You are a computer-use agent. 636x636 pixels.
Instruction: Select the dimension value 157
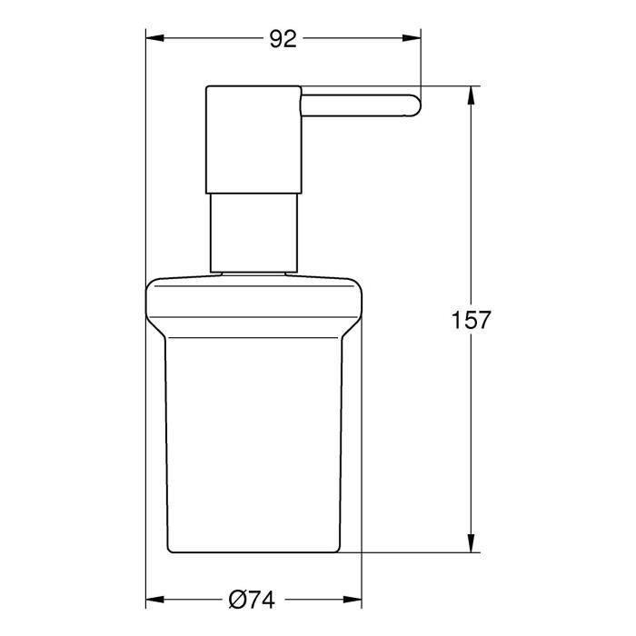471,320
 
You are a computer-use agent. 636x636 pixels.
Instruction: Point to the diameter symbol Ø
237,599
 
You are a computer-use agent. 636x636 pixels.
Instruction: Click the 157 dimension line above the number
471,200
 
